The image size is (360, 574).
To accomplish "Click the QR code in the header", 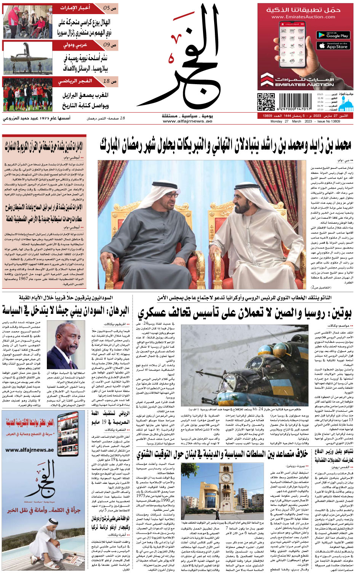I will pyautogui.click(x=266, y=102).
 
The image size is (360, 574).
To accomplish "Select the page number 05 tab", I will pyautogui.click(x=110, y=8).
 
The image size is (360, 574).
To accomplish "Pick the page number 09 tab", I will pyautogui.click(x=110, y=45).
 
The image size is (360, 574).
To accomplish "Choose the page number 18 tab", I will pyautogui.click(x=110, y=81).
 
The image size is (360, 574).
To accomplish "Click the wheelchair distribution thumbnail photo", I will pyautogui.click(x=27, y=21).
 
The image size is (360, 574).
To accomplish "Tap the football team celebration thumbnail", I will pyautogui.click(x=27, y=94).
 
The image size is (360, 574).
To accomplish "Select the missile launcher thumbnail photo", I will pyautogui.click(x=27, y=58).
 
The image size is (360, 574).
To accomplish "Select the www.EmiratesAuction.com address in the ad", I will pyautogui.click(x=303, y=17).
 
